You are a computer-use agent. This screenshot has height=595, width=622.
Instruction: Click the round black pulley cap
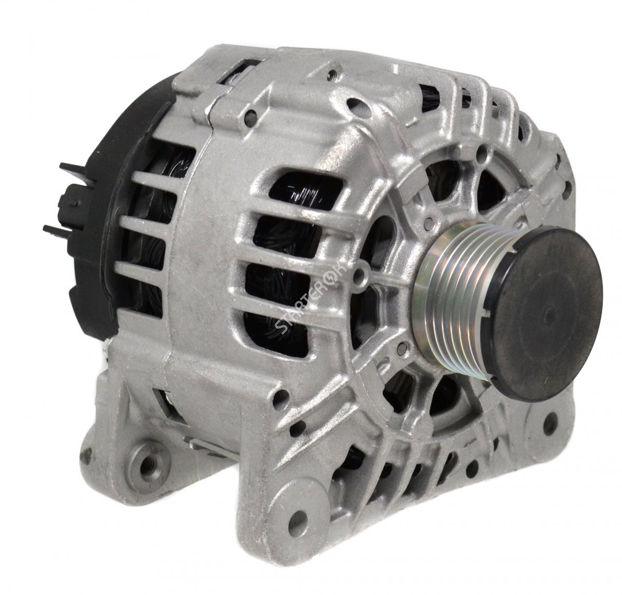[x=546, y=313]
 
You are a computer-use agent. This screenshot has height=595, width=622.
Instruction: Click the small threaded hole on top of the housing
[x=331, y=75]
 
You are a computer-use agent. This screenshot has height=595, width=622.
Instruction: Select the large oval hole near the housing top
[x=357, y=104]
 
